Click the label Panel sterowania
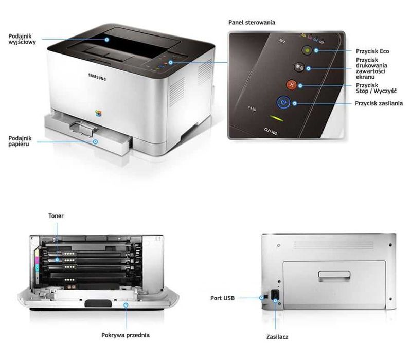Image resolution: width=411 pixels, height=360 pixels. point(252,23)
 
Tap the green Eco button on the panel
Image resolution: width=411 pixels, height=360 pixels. point(306,51)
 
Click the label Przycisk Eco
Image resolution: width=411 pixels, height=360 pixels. point(371,51)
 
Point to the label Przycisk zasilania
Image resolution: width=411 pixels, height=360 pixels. point(379,103)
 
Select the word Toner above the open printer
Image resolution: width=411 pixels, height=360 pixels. point(56,216)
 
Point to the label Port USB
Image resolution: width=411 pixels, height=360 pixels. point(223,298)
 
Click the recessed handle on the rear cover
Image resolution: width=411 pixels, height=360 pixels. point(333,275)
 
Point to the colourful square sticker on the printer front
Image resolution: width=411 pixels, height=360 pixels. point(100,112)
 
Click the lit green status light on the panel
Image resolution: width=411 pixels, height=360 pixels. point(276,118)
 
